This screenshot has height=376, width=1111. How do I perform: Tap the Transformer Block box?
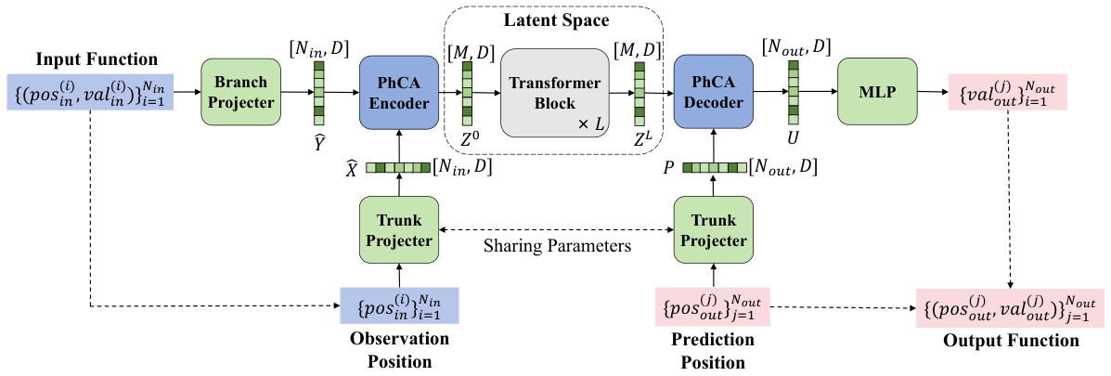coord(552,92)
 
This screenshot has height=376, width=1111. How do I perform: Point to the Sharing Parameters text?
coord(556,247)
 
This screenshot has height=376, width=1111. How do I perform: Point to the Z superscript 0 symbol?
coord(468,142)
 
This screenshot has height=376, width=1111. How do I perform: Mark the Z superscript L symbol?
coord(639,142)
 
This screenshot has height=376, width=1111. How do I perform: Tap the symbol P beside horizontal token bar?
coord(668,168)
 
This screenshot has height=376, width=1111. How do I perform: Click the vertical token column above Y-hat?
coord(319,92)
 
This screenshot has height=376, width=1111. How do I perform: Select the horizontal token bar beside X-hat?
coord(396,168)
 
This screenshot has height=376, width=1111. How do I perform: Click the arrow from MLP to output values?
coord(932,92)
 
